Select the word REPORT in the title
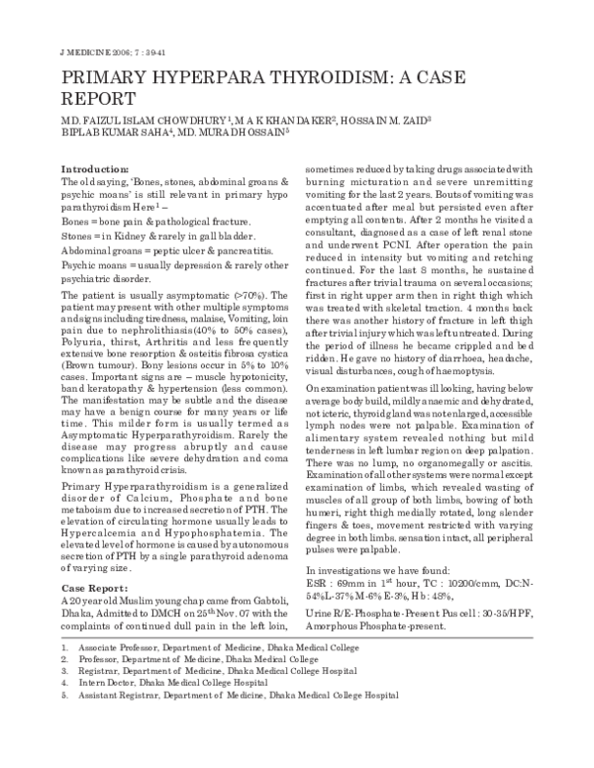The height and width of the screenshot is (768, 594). click(100, 100)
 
